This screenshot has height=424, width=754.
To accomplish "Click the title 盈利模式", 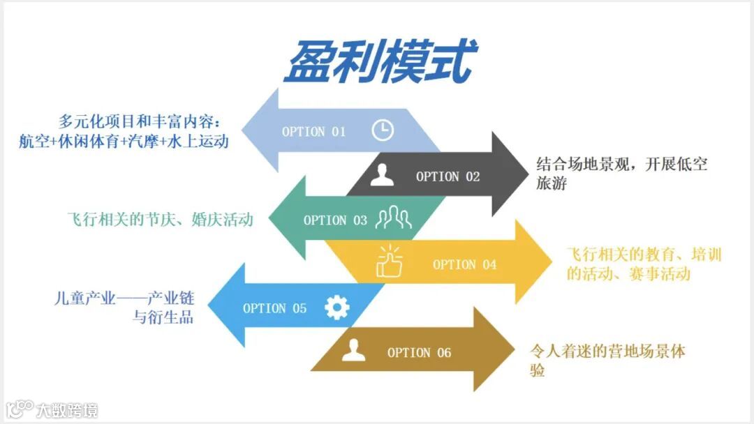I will pyautogui.click(x=380, y=61).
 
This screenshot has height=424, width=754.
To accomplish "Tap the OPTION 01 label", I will pyautogui.click(x=313, y=131).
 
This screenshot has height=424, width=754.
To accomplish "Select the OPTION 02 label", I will pyautogui.click(x=448, y=176).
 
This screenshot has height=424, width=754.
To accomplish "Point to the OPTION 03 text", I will pyautogui.click(x=335, y=220).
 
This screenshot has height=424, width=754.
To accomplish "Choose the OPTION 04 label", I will pyautogui.click(x=464, y=264).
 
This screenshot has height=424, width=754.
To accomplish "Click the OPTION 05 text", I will pyautogui.click(x=274, y=308).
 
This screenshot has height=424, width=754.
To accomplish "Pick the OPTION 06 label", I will pyautogui.click(x=419, y=353).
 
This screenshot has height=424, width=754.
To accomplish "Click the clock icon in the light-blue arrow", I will pyautogui.click(x=382, y=130).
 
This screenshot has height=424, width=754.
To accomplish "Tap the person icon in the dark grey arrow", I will pyautogui.click(x=382, y=176).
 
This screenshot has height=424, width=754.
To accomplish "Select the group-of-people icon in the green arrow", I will pyautogui.click(x=393, y=219).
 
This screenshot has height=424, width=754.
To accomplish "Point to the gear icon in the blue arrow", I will pyautogui.click(x=337, y=308).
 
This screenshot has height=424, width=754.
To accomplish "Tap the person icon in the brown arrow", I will pyautogui.click(x=354, y=351).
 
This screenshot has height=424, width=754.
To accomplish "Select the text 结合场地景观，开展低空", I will pyautogui.click(x=621, y=165).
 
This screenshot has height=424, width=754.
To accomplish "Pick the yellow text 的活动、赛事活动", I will pyautogui.click(x=628, y=273).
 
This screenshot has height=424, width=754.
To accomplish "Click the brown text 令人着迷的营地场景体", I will pyautogui.click(x=607, y=351).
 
